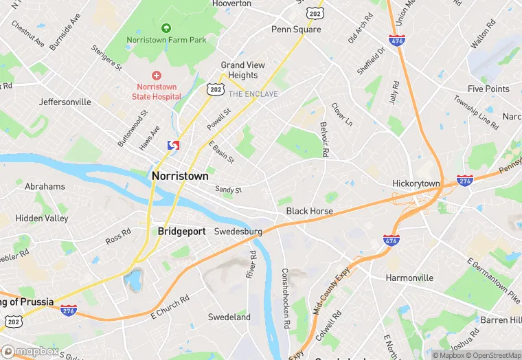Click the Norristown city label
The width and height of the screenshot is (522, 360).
click(179, 176)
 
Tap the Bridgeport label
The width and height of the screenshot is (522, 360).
click(181, 232)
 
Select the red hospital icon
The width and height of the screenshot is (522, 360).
click(157, 75)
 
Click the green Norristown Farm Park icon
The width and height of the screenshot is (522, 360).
click(166, 28)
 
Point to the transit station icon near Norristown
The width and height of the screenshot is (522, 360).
click(174, 146)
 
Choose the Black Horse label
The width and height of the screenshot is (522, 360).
click(309, 211)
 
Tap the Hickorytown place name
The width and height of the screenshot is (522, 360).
click(416, 184)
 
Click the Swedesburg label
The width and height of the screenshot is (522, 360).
click(238, 232)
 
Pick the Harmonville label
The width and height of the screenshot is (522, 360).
click(409, 278)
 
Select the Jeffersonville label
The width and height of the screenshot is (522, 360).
click(65, 102)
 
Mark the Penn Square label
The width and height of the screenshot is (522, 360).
click(296, 30)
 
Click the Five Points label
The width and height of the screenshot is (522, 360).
click(488, 89)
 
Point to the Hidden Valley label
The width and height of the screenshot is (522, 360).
click(42, 218)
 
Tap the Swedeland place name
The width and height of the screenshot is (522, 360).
click(229, 317)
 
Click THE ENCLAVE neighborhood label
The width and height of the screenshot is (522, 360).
click(253, 94)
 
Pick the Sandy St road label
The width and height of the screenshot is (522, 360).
click(229, 189)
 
